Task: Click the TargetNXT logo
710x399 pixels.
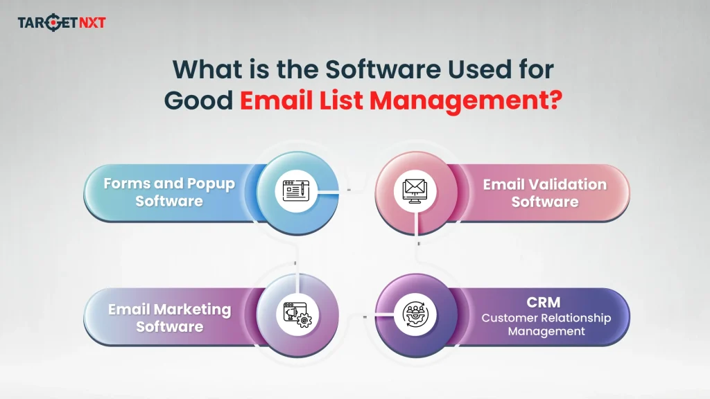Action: [x=62, y=23]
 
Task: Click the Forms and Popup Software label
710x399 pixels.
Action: [x=169, y=193]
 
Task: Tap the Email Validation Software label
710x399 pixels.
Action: [x=544, y=193]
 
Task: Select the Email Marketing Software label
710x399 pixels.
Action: [x=169, y=317]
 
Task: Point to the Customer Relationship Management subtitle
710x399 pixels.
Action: [x=546, y=324]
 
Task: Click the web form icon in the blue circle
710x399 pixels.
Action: [x=296, y=190]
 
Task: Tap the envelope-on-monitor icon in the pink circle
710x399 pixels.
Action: [x=415, y=190]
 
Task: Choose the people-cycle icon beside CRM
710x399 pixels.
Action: [x=415, y=315]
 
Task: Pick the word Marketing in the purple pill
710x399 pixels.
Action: [x=192, y=309]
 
